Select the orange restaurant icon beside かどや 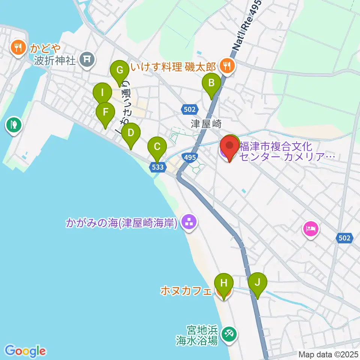coord(17,48)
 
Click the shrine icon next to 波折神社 coord(87,58)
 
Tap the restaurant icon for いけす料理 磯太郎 coord(226,66)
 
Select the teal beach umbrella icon coord(228,333)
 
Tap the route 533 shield coord(158,167)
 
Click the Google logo coord(25,351)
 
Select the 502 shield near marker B coord(190,109)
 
